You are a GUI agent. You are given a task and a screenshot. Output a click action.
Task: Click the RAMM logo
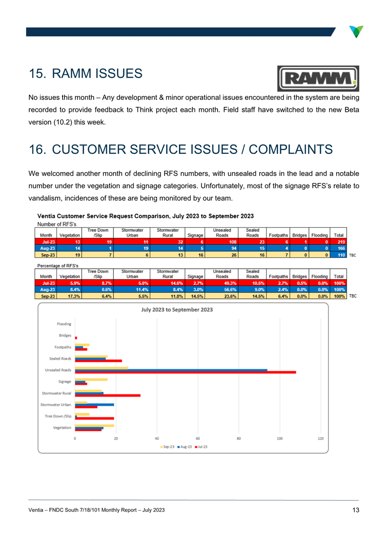point(318,78)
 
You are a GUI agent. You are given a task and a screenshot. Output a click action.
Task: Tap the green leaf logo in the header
point(356,32)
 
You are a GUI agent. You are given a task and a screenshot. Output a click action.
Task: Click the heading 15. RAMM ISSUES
point(86,74)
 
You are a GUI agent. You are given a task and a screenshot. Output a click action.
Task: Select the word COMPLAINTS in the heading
point(291,150)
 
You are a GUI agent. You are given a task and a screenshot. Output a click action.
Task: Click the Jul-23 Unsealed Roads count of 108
point(232,242)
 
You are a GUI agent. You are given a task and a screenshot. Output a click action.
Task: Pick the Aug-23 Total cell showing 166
point(341,249)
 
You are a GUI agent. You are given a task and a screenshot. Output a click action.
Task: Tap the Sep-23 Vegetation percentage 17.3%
point(74,296)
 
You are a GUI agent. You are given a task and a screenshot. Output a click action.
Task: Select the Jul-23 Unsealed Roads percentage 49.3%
point(230,283)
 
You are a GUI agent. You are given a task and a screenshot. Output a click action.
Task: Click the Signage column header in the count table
point(195,235)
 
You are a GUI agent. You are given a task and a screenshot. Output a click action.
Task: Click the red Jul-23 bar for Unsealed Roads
point(186,372)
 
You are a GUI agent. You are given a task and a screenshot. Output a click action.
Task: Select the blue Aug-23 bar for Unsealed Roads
point(171,370)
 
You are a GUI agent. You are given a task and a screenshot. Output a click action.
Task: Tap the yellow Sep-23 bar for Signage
point(91,380)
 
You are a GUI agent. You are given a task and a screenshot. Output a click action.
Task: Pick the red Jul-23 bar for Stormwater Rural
point(108,395)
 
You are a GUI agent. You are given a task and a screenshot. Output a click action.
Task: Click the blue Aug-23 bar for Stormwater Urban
point(95,405)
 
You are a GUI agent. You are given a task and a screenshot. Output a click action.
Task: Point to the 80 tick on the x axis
point(239,439)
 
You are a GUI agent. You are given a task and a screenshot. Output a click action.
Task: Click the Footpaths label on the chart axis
point(63,347)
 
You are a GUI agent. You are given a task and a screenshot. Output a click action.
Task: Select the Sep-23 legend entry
point(167,447)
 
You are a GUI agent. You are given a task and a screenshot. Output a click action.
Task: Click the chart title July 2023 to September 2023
point(177,310)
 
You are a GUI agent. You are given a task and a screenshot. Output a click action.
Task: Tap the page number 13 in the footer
point(356,510)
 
